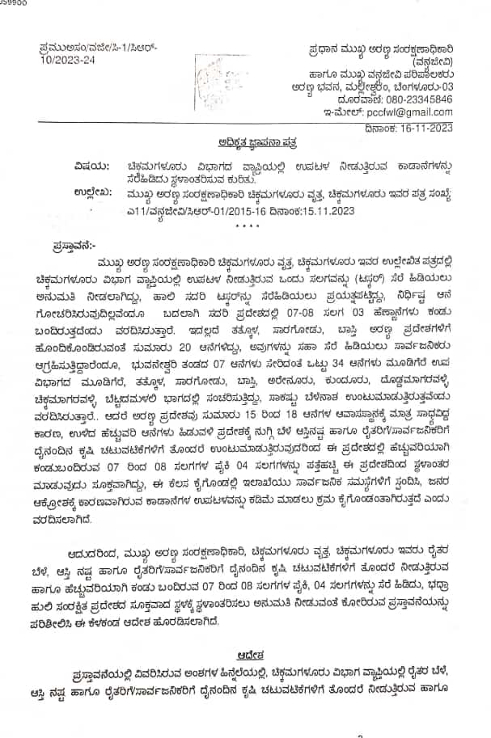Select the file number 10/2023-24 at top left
tap(66, 59)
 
